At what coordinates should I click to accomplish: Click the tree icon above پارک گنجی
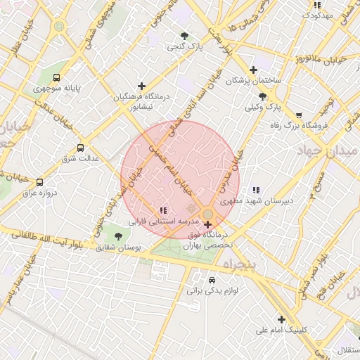coord(184,35)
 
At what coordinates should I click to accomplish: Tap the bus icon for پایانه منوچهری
coord(57,78)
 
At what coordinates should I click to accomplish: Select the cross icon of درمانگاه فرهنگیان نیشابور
coord(142,86)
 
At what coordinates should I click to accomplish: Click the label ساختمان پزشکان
coord(253,81)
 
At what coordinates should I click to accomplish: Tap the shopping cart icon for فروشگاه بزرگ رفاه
coord(300,115)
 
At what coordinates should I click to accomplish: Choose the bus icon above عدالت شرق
coord(80,148)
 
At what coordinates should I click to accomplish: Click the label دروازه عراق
coord(39,192)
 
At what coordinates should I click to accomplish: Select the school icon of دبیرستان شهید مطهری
coord(256,189)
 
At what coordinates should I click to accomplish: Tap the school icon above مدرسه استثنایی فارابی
coord(163,210)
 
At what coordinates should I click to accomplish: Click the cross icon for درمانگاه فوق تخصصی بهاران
coord(207,225)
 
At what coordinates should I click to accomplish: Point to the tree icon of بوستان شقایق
coord(127,237)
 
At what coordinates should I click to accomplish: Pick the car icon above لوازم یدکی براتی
coord(213,278)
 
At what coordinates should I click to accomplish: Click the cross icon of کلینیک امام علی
coord(281,319)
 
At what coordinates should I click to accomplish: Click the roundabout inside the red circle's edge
coord(207,214)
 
